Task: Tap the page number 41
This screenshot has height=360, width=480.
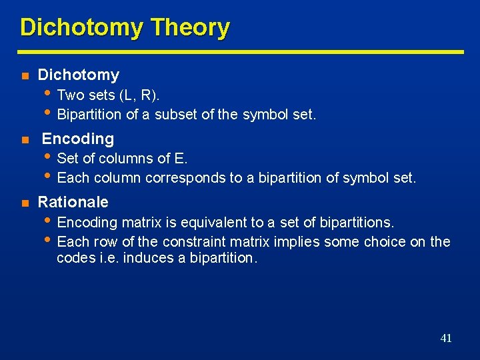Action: click(x=446, y=338)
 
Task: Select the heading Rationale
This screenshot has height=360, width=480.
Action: click(x=73, y=202)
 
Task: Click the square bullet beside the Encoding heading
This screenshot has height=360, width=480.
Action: click(x=24, y=140)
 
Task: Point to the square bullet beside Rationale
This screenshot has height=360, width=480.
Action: click(x=24, y=203)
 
